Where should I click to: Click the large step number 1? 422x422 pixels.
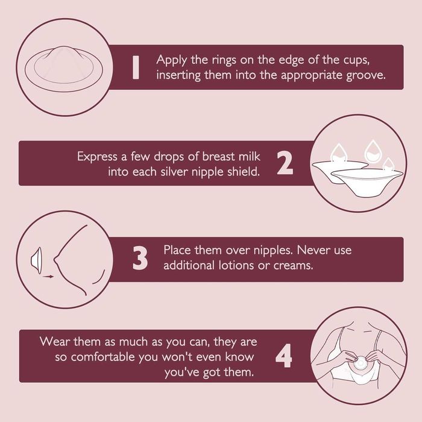click(x=136, y=68)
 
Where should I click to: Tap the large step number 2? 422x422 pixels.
click(x=285, y=163)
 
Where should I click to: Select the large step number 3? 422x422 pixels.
click(x=140, y=258)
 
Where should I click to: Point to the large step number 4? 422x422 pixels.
click(x=284, y=356)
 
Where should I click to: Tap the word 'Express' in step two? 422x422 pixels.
click(x=97, y=157)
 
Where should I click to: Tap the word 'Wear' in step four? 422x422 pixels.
click(x=55, y=342)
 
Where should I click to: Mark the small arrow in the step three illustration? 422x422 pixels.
click(x=48, y=276)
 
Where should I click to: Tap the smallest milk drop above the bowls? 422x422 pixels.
click(x=388, y=165)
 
